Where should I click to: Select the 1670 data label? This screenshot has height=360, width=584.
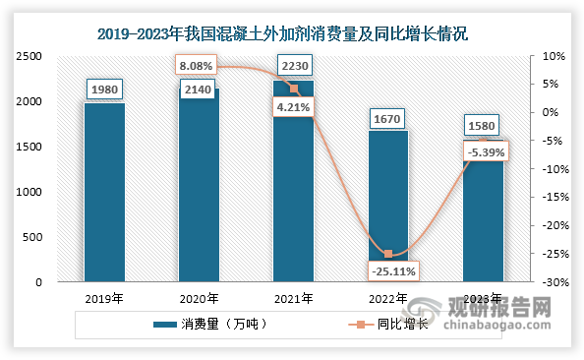pyautogui.click(x=387, y=119)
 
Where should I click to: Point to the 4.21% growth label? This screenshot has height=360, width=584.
pyautogui.click(x=293, y=108)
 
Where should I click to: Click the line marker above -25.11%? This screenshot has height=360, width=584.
pyautogui.click(x=387, y=254)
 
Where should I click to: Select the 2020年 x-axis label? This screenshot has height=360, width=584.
pyautogui.click(x=199, y=299)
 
